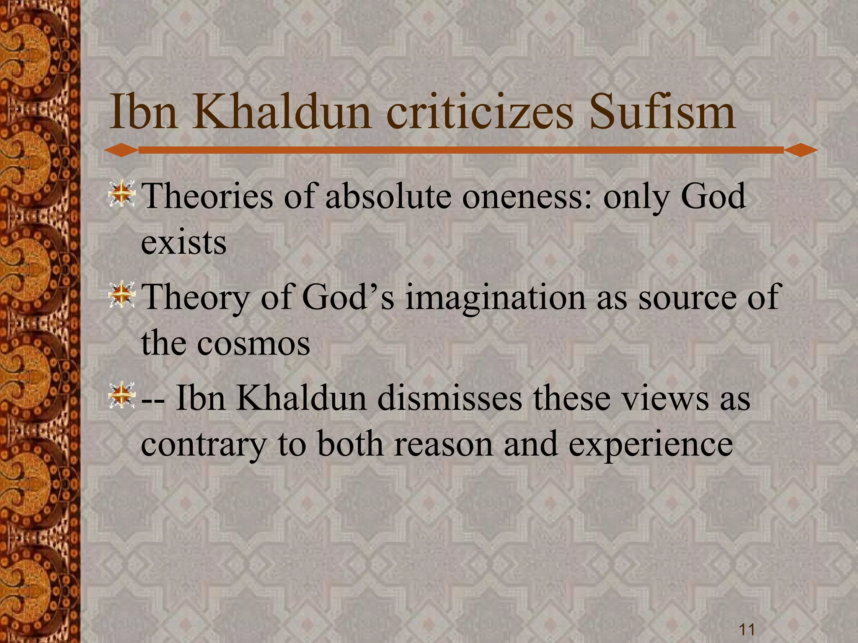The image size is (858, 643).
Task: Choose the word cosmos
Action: pos(253,343)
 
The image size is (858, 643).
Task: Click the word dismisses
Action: pos(450,398)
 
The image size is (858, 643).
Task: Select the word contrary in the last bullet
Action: pos(203,444)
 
